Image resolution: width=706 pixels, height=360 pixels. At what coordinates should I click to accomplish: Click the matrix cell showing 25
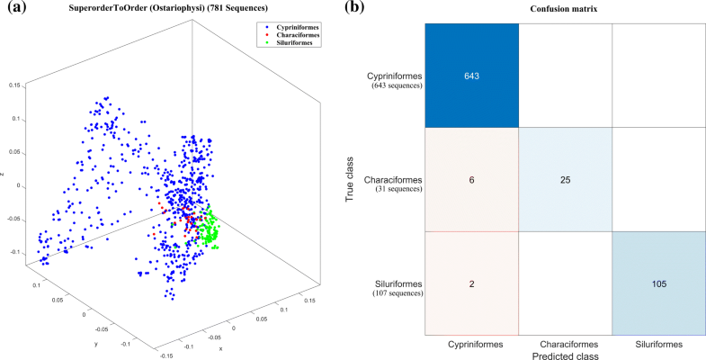coord(565,179)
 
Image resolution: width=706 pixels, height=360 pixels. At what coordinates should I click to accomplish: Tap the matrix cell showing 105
coord(657,283)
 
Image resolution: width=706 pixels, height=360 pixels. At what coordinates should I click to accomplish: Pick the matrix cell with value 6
coord(472,179)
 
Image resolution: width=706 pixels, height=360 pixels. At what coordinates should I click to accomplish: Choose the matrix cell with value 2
coord(472,283)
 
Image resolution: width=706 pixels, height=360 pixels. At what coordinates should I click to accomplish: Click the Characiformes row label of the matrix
coord(392,179)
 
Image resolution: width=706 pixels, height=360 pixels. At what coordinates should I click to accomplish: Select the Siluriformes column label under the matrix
coord(657,343)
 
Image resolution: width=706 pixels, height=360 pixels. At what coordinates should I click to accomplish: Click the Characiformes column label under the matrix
coord(565,343)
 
